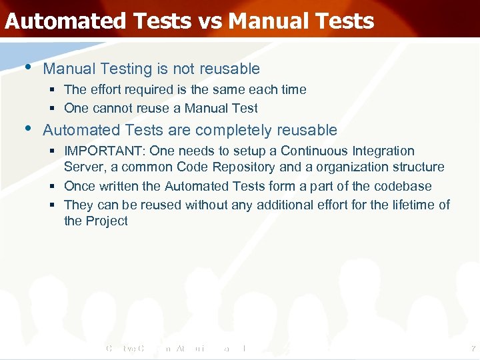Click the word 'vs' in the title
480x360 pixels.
211,21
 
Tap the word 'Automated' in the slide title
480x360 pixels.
64,21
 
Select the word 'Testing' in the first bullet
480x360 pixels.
113,69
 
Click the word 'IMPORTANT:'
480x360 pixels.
105,151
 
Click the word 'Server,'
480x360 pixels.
83,167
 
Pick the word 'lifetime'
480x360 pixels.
411,205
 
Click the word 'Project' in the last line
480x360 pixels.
107,221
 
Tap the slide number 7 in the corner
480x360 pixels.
472,349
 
